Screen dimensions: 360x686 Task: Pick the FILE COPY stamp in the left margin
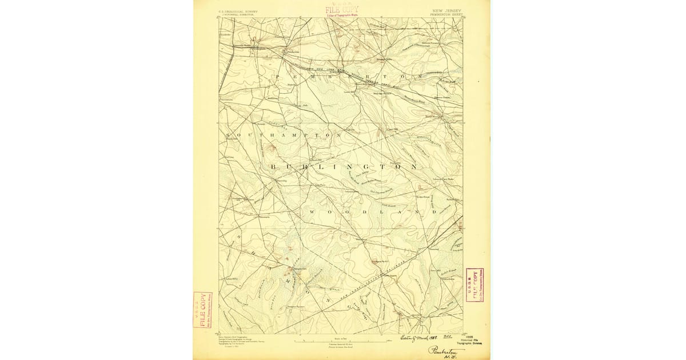[202, 310]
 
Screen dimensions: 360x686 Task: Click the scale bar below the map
[341, 341]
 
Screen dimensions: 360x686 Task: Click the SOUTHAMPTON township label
[281, 135]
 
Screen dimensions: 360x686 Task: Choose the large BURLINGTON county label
[343, 167]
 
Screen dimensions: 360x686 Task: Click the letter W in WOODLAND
[312, 212]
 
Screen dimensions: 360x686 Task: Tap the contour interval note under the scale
[341, 346]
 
